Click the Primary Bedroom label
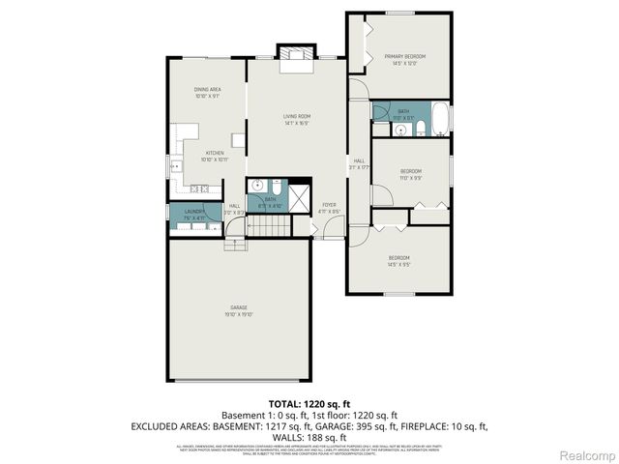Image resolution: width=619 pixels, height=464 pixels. pos(400,60)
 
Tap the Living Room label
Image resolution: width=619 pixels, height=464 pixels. pos(296,120)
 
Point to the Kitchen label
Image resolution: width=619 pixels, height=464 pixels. pos(214,156)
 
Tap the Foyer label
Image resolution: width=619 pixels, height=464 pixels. pos(330,208)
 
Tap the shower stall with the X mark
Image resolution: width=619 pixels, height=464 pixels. pos(300,195)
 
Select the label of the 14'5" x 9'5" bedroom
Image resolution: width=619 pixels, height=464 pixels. pos(399,260)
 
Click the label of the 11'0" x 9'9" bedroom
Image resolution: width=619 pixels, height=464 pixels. pos(411,175)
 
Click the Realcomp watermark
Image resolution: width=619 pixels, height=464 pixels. pos(588,454)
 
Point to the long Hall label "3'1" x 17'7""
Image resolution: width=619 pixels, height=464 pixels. pos(359,164)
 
